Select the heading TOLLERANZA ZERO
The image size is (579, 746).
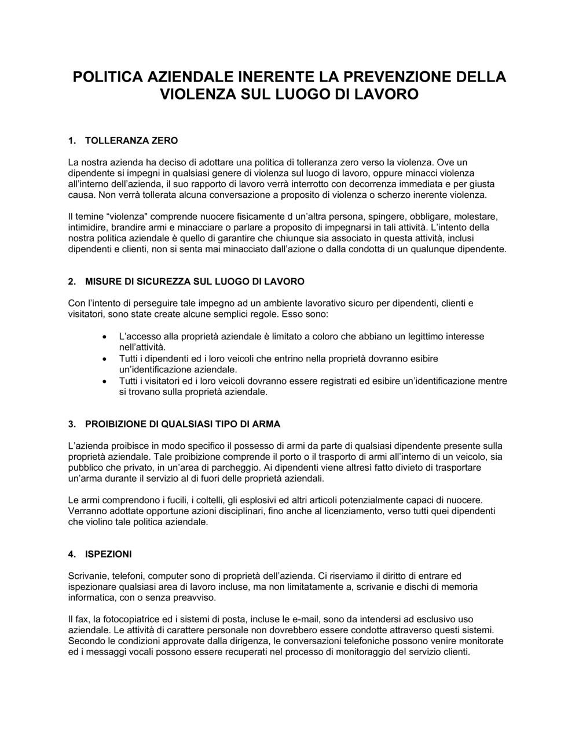point(131,141)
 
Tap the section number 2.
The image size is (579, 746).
point(72,282)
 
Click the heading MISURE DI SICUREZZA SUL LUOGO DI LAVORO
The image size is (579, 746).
point(195,282)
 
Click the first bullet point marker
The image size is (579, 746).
point(104,337)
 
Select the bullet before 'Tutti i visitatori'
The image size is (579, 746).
point(104,382)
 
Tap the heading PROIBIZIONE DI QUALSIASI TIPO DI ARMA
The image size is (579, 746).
point(182,424)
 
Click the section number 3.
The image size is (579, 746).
point(72,424)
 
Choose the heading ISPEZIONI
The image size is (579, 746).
point(108,555)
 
